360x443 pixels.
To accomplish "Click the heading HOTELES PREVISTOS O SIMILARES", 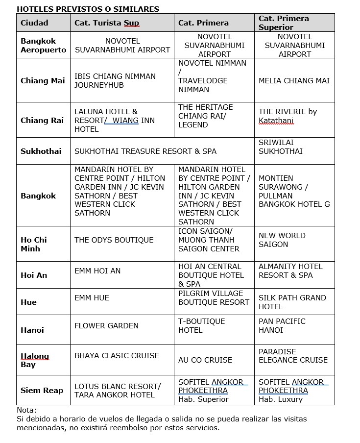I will pos(88,9).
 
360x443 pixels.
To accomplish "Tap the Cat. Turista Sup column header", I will pos(107,23).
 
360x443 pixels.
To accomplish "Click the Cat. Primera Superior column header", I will pos(284,23).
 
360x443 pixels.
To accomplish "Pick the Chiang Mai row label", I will pos(43,81).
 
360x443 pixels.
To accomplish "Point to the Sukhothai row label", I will pos(41,151).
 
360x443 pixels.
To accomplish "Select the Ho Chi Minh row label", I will pos(34,244).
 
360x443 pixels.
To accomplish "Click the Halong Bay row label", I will pos(35,360).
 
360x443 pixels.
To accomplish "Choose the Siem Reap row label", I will pos(42,391).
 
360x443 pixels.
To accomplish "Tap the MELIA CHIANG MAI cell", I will pos(294,81).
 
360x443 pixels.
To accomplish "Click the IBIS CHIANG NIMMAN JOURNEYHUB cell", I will pos(115,81).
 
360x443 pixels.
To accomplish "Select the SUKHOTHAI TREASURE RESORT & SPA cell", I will pos(145,151).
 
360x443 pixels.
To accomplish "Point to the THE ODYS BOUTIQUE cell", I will pos(114,240).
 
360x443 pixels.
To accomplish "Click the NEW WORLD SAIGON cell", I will pos(282,240).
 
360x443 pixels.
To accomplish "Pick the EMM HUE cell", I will pos(92,298).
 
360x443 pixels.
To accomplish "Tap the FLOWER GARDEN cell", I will pos(106,326).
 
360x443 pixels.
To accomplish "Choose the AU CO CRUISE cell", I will pos(205,360).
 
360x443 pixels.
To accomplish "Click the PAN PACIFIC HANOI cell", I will pos(282,326).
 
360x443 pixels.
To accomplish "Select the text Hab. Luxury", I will pos(281,399).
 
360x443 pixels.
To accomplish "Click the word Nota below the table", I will pos(26,410).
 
